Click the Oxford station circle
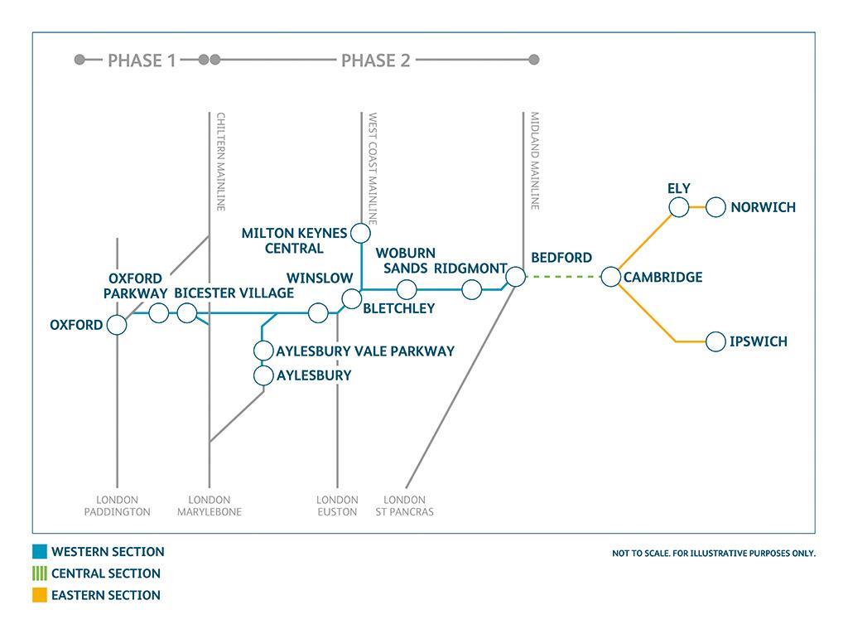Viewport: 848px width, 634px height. (117, 325)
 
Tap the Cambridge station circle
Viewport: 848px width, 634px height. (611, 277)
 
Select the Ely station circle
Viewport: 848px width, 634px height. (679, 207)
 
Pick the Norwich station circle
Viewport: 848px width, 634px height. (716, 207)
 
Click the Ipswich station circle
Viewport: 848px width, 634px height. (716, 341)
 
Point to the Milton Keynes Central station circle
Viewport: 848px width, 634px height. (360, 233)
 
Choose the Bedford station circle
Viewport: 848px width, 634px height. (515, 277)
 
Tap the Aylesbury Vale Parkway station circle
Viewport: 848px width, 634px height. (263, 351)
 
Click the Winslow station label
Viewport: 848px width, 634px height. (320, 278)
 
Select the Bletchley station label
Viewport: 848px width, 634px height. (398, 308)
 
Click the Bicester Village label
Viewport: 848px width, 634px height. (234, 293)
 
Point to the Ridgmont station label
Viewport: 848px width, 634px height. (470, 269)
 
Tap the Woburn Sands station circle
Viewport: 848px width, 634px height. (407, 289)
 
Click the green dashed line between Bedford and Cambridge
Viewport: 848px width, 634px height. (563, 277)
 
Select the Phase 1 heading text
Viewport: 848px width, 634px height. (142, 60)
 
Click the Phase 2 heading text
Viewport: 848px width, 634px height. (375, 60)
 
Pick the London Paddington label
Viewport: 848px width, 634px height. (118, 506)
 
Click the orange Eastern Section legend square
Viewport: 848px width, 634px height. (40, 595)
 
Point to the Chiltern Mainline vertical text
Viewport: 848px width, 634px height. (221, 162)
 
